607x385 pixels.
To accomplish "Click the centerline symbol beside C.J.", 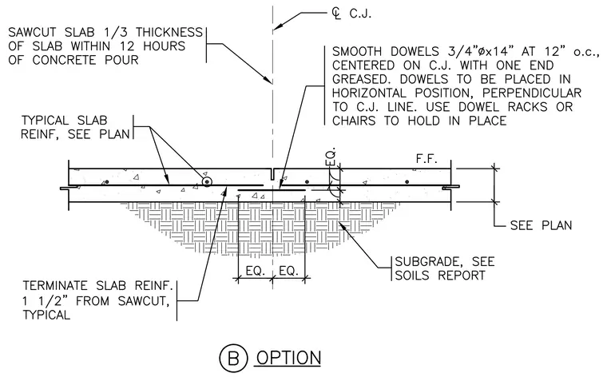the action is coord(337,14).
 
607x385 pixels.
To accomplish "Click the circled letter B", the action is coord(233,359).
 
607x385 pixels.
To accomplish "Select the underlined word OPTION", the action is coord(288,358).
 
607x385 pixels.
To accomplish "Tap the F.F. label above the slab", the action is coord(426,158).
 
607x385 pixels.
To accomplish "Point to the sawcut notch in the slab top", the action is coord(273,174).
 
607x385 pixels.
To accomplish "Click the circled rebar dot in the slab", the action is coord(208,181).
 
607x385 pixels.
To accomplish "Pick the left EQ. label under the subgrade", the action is coord(255,271).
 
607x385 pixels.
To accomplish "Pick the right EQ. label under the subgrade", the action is coord(288,271).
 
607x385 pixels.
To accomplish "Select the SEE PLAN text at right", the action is coord(541,225).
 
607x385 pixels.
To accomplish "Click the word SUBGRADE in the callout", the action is coord(423,261).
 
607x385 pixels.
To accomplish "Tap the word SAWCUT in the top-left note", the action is coord(32,32).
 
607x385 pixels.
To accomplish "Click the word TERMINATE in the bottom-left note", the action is coord(55,286).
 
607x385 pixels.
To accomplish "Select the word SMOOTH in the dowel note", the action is coord(357,51).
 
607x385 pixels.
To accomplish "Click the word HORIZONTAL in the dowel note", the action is coord(369,93).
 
